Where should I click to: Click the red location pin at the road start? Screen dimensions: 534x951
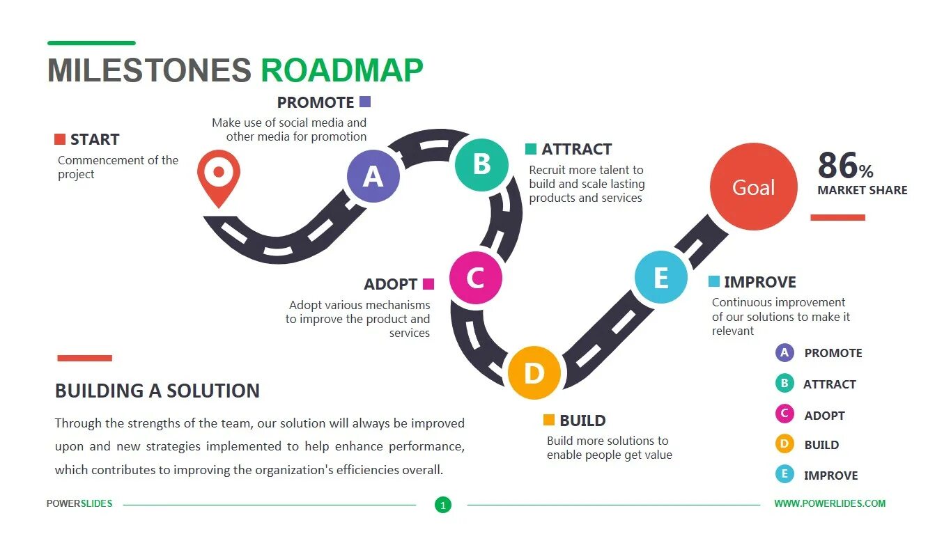click(x=218, y=174)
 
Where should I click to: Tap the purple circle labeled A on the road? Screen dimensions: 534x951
click(x=373, y=176)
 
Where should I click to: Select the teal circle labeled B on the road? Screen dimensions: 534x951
click(x=481, y=164)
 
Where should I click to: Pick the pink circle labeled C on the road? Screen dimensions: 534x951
click(x=475, y=278)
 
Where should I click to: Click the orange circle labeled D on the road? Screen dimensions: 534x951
click(x=534, y=373)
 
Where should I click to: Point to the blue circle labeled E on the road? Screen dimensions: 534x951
click(x=660, y=278)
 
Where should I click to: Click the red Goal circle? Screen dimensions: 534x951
click(x=753, y=187)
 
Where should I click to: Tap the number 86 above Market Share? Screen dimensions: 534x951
click(x=837, y=166)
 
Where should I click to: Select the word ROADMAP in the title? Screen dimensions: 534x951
click(x=342, y=71)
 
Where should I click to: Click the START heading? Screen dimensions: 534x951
click(x=95, y=139)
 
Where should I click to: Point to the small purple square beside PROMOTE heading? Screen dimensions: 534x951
click(x=365, y=102)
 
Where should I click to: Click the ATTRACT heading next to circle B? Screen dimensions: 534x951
click(x=576, y=149)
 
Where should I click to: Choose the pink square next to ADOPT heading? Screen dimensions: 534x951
click(x=428, y=284)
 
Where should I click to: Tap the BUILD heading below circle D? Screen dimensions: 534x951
click(x=582, y=421)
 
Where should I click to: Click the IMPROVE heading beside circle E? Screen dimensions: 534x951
click(x=759, y=282)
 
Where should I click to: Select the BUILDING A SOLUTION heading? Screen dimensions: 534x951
click(x=157, y=391)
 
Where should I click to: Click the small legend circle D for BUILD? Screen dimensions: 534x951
click(x=784, y=444)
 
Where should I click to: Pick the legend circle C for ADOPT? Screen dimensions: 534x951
click(x=784, y=414)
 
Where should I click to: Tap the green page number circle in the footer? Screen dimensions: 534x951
click(x=443, y=505)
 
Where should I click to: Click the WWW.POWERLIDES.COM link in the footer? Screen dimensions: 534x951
click(x=830, y=503)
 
